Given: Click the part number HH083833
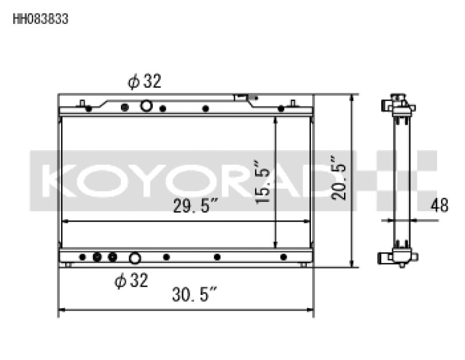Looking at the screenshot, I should (x=40, y=19).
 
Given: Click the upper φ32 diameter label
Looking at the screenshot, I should (x=144, y=82).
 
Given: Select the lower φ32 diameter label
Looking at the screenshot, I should (x=131, y=281).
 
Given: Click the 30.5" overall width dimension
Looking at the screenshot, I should (x=194, y=296).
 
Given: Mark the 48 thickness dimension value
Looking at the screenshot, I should (x=439, y=206).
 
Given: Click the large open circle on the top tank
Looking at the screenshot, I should (x=146, y=106).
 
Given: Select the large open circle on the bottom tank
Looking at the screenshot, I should (x=135, y=258).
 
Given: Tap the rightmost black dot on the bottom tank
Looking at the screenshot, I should (x=284, y=257).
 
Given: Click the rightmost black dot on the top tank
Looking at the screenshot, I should (x=281, y=108).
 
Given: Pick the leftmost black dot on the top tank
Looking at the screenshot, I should (x=88, y=108).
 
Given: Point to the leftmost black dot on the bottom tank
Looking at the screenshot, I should (x=83, y=257).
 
